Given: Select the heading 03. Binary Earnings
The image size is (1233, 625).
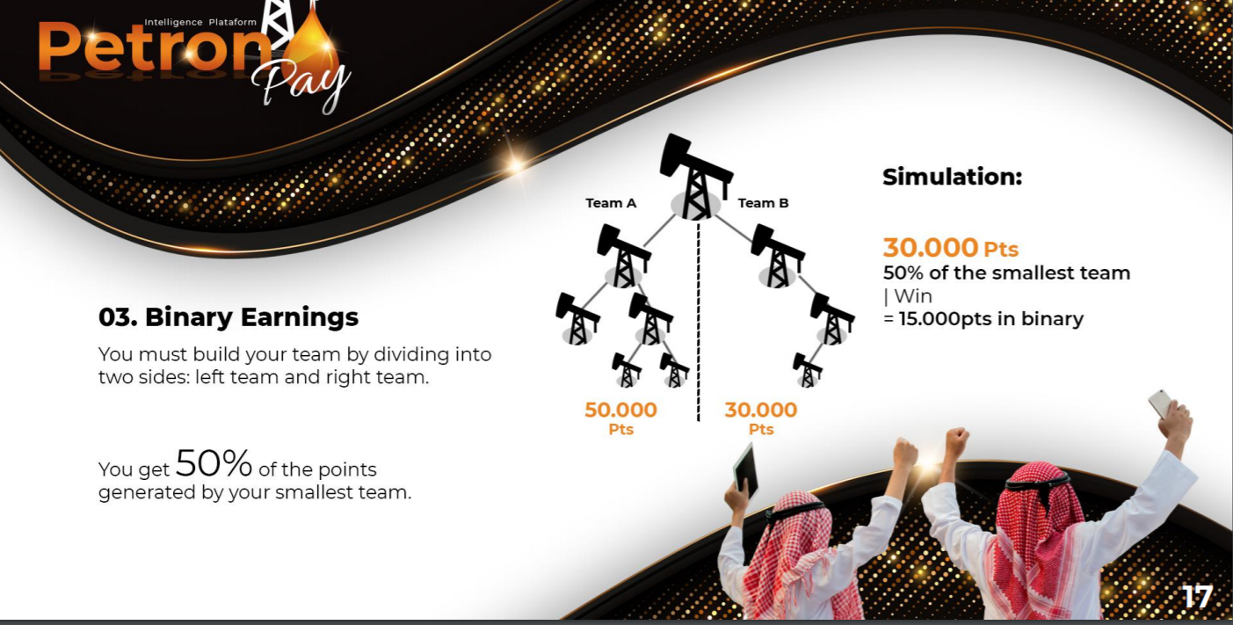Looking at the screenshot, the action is (x=228, y=317).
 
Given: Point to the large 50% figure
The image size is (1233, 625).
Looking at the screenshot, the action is (x=214, y=462).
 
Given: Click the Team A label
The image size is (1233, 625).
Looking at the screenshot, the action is (x=611, y=203).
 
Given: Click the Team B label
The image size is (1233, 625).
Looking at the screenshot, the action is (x=763, y=203).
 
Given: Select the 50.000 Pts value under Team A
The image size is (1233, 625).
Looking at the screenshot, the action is (x=620, y=418).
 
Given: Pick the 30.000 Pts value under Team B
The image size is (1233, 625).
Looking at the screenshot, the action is (x=761, y=418).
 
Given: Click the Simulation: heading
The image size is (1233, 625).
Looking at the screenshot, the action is (x=953, y=177).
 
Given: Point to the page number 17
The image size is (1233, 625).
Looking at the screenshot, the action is (x=1197, y=596).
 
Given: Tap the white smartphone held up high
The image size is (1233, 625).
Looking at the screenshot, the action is (x=1160, y=403).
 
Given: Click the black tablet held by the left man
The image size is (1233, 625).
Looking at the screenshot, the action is (x=745, y=472).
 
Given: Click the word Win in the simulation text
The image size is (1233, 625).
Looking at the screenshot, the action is (x=913, y=296).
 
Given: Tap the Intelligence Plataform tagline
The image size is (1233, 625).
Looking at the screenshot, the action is (x=200, y=22).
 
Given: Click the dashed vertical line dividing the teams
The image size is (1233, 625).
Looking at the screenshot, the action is (x=699, y=322).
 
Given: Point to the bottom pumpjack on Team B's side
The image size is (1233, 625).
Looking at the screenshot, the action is (x=807, y=370).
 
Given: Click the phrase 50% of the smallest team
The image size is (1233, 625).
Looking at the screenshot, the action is (x=1007, y=273).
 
